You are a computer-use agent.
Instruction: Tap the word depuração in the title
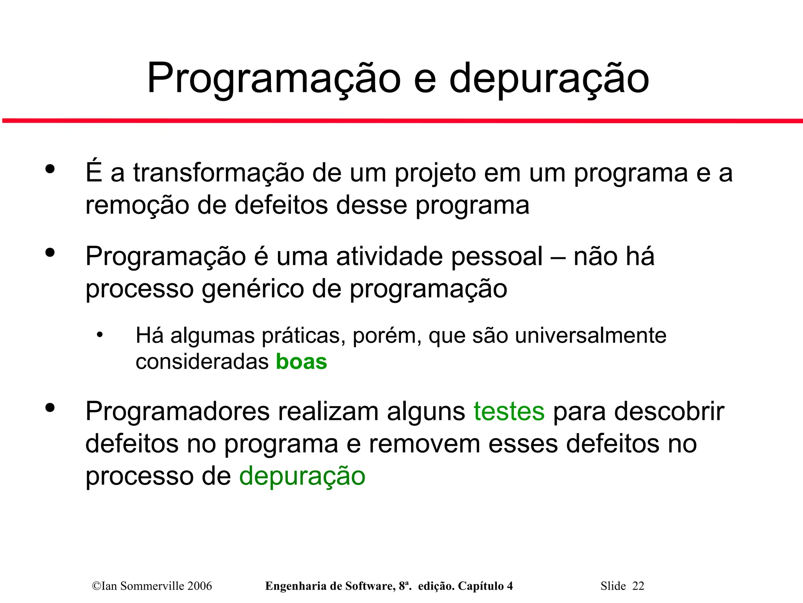(549, 78)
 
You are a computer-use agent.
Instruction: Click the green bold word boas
(301, 361)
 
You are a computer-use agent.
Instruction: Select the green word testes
(509, 412)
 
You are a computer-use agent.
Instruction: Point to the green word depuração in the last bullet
(302, 476)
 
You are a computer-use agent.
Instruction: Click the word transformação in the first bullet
(218, 173)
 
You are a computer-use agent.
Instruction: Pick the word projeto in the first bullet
(435, 173)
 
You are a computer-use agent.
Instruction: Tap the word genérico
(253, 289)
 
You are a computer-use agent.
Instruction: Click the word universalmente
(590, 336)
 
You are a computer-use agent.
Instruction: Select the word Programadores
(178, 412)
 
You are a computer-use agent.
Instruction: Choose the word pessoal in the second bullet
(497, 257)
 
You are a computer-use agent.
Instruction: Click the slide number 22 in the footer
(638, 586)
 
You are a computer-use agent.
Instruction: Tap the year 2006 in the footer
(200, 586)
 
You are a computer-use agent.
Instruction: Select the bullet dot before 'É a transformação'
(50, 169)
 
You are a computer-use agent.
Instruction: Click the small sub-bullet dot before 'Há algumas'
(100, 335)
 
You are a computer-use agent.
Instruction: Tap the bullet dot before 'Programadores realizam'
(50, 408)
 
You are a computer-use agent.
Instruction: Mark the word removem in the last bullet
(424, 444)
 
